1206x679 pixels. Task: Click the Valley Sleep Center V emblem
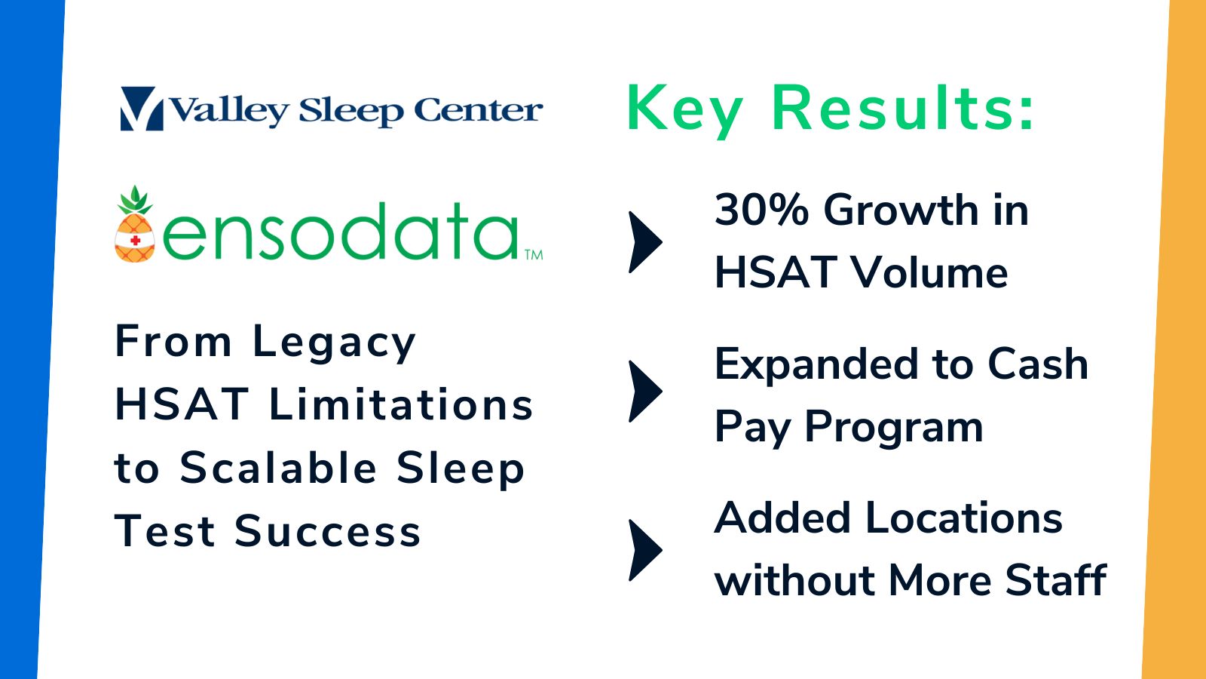pos(142,109)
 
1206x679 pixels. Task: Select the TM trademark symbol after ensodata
pos(534,254)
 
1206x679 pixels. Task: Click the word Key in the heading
pos(685,110)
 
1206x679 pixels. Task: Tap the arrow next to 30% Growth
pos(645,242)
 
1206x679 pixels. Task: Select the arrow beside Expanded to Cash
pos(645,392)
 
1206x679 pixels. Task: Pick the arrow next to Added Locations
pos(645,550)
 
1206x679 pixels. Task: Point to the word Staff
pos(1055,579)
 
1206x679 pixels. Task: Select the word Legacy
pos(335,344)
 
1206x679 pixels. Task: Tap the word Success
pos(327,531)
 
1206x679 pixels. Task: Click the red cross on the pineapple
pos(136,241)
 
